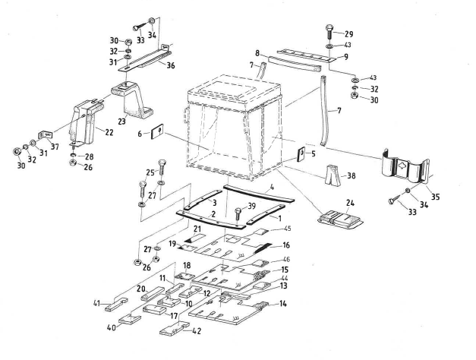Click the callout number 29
tap(349, 36)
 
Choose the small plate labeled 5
tap(301, 156)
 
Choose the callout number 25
tap(151, 172)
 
